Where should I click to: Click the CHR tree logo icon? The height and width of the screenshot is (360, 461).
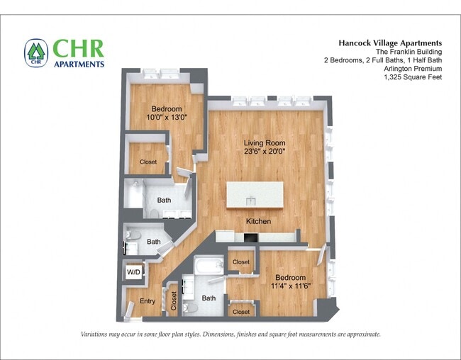point(35,52)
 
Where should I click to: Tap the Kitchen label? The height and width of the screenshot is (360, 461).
point(258,222)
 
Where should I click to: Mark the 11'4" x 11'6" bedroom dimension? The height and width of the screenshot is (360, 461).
point(290,286)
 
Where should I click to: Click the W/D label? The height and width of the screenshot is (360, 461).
point(133,272)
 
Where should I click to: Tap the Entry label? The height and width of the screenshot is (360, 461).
point(147,301)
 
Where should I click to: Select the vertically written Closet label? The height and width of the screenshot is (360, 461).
point(173,300)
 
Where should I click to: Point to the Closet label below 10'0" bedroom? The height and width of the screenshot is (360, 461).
point(148,162)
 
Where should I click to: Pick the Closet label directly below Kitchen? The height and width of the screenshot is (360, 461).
point(240,261)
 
